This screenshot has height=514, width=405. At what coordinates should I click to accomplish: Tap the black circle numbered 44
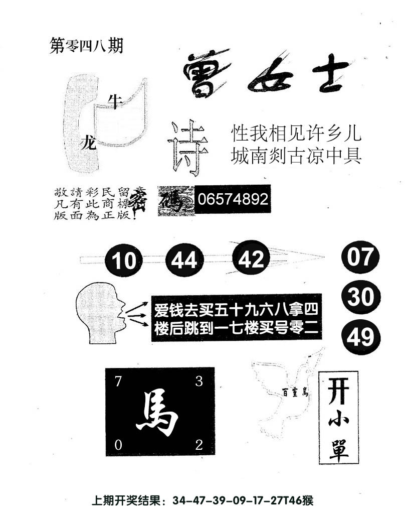[x=184, y=260]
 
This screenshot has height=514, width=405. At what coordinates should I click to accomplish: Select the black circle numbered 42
[x=251, y=259]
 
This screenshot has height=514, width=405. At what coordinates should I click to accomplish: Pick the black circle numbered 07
[x=360, y=257]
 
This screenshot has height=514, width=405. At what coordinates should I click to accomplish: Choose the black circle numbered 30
[x=360, y=298]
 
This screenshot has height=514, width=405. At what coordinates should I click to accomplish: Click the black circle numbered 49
[x=360, y=337]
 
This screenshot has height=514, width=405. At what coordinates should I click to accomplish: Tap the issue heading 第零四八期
[x=87, y=46]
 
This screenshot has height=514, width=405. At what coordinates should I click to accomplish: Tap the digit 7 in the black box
[x=118, y=381]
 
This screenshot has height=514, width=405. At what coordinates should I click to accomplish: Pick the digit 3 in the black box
[x=198, y=381]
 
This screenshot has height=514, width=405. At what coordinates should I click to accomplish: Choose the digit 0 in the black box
[x=118, y=445]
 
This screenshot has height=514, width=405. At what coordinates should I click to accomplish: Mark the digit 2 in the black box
[x=198, y=445]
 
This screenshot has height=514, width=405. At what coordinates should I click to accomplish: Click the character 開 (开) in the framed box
[x=338, y=390]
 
